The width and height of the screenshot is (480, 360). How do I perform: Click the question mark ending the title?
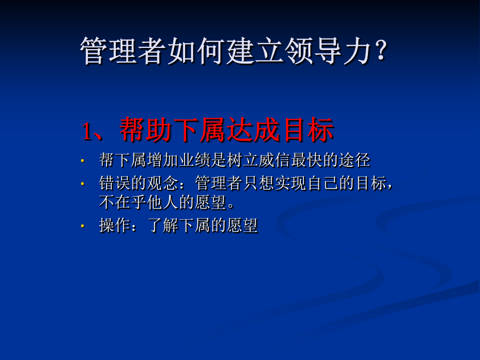click(381, 51)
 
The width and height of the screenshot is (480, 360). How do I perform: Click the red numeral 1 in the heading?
click(87, 131)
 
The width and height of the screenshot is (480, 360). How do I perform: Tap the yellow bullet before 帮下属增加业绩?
click(82, 161)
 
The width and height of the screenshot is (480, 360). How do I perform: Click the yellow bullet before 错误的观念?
click(82, 183)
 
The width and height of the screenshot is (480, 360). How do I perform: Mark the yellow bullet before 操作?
click(82, 226)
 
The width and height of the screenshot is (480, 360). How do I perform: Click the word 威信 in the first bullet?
click(274, 160)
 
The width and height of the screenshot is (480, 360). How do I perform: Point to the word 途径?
click(354, 160)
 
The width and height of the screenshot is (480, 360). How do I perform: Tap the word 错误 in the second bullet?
click(115, 183)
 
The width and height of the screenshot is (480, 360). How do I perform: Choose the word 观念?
click(163, 183)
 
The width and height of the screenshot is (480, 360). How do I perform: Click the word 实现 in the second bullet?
click(290, 183)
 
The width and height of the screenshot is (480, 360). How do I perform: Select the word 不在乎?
click(123, 202)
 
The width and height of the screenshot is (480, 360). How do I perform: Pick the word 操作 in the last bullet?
click(115, 225)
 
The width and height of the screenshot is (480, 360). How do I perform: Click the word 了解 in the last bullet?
click(163, 225)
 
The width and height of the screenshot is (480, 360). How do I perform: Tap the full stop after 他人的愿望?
click(231, 206)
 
